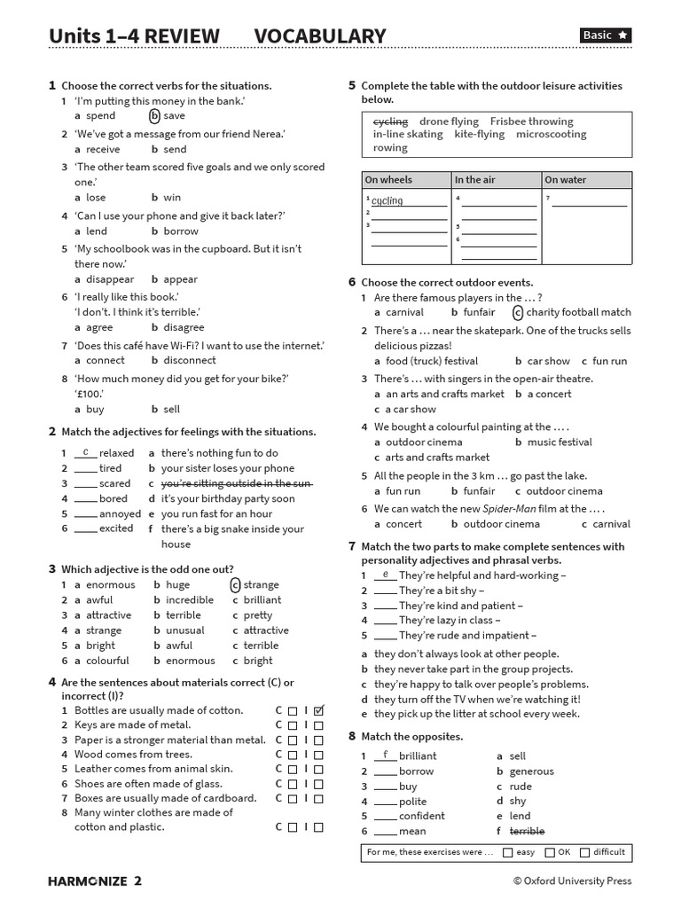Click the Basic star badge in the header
tap(606, 35)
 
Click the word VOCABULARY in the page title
tap(320, 36)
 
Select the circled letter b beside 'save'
tap(154, 115)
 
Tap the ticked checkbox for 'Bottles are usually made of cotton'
tap(319, 710)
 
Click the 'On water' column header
tap(566, 180)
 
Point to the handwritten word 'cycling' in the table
tap(387, 201)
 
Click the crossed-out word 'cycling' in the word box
tap(390, 121)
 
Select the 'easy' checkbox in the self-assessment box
tap(507, 852)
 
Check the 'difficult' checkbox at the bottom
tap(584, 852)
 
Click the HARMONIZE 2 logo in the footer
tap(94, 881)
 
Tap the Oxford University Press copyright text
tap(572, 881)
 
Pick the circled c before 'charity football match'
tap(517, 312)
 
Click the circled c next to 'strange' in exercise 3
tap(235, 584)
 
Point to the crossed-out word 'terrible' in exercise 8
tap(527, 831)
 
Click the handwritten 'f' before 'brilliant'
tap(386, 755)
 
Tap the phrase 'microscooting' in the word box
tap(551, 135)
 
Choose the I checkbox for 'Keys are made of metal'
tap(319, 725)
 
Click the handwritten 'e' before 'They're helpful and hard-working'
tap(386, 575)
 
